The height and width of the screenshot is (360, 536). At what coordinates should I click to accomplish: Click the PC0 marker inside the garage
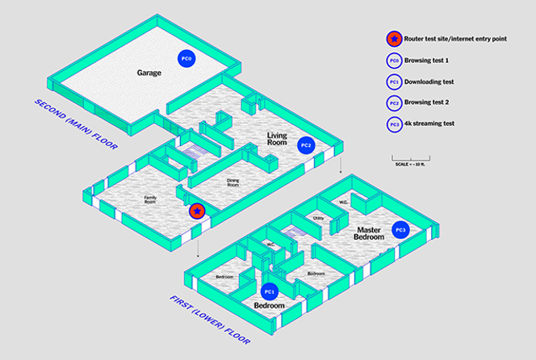(186, 58)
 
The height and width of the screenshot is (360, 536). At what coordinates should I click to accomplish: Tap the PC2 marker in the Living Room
(306, 145)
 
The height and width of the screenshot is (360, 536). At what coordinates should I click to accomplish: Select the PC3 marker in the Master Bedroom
(400, 230)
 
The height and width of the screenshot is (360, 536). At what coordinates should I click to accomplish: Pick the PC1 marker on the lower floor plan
(270, 291)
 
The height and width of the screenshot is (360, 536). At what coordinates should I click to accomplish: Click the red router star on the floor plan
(196, 211)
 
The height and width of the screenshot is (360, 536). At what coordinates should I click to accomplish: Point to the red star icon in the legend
(393, 38)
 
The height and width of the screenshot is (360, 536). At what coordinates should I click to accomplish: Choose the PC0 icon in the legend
(393, 61)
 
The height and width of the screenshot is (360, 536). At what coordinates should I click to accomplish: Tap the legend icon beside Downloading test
(393, 82)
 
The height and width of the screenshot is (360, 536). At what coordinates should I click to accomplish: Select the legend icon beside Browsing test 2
(393, 103)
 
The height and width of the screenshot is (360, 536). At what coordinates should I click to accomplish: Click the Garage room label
(149, 73)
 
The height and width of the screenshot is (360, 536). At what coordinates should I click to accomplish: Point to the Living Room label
(278, 140)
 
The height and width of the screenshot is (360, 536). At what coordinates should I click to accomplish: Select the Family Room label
(150, 199)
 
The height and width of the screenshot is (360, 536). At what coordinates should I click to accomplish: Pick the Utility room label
(319, 218)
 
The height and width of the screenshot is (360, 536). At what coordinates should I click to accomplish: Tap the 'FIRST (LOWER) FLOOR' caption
(206, 322)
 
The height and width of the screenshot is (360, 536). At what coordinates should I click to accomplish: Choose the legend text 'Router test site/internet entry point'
(455, 39)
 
